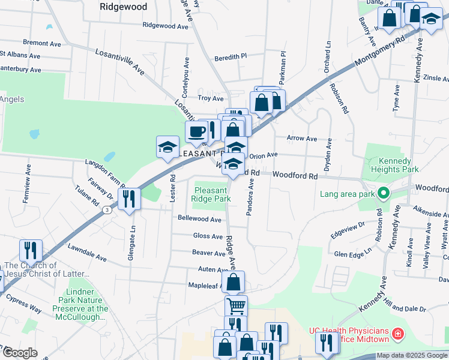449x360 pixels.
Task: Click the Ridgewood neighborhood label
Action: point(124,7)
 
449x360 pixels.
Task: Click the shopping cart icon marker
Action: point(236,305)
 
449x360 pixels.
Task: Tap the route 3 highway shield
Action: point(106,210)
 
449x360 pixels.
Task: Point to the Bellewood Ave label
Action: point(200,220)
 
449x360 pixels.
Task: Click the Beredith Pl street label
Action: point(231,56)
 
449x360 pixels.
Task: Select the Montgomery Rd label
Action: point(380,49)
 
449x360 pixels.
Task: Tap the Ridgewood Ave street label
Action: point(166,26)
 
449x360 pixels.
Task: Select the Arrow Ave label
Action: point(302,139)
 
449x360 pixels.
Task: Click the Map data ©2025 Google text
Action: point(412,356)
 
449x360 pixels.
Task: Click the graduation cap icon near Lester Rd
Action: point(168,147)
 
